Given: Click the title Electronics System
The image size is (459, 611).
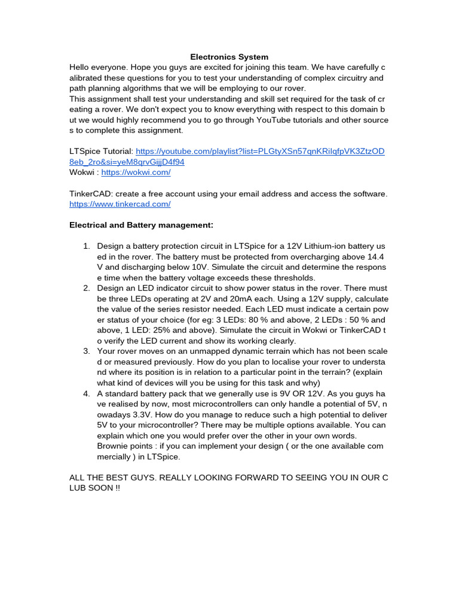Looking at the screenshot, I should [229, 57].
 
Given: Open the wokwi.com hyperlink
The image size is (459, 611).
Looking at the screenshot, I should [136, 172].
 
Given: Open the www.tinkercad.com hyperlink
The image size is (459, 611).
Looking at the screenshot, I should [120, 204].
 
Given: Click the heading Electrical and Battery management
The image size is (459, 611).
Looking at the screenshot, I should [141, 225].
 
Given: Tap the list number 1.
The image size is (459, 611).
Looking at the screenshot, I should [85, 246].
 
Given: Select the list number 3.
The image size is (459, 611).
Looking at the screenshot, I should [85, 351].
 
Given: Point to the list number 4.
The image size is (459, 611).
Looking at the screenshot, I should [85, 393].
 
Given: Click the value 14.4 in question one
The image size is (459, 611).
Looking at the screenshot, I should [378, 257].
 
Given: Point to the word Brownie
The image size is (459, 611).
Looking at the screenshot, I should [113, 446].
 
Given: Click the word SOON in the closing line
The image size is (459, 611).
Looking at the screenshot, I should [100, 487].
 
